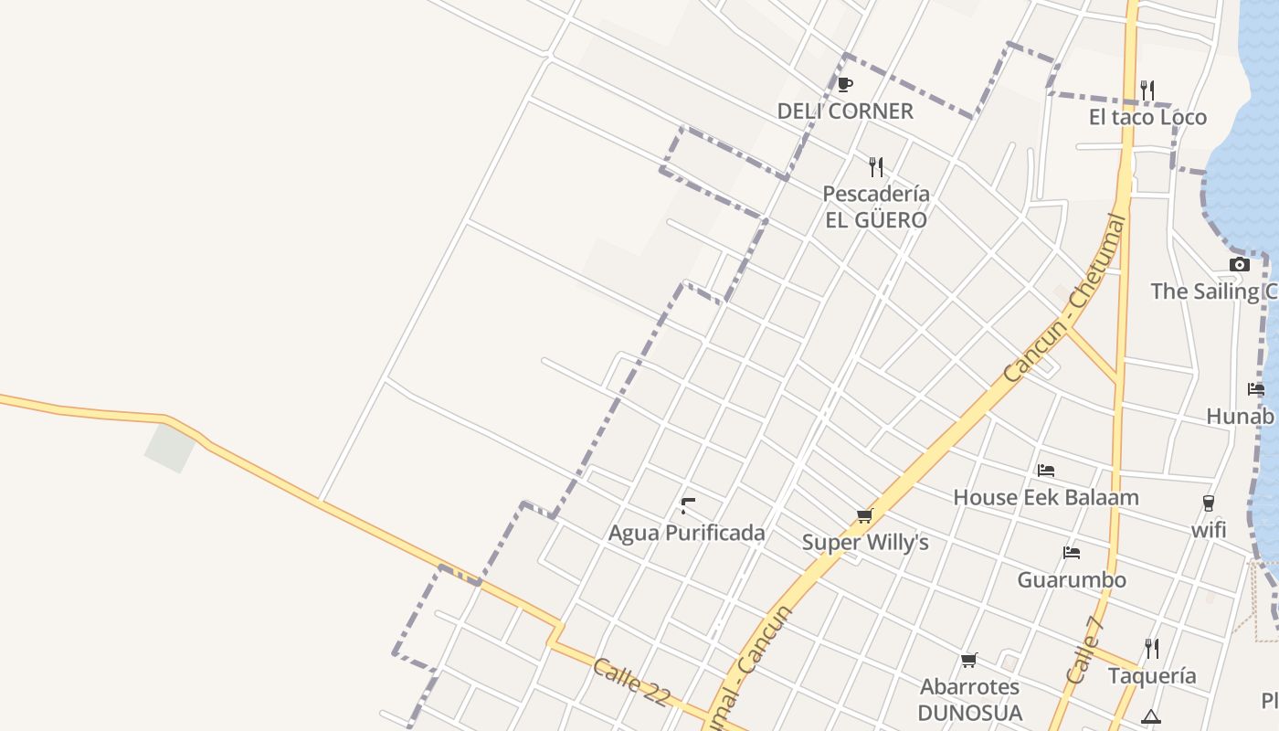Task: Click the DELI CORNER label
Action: pyautogui.click(x=845, y=111)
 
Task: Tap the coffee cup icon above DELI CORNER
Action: pyautogui.click(x=845, y=85)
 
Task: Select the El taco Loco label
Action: pyautogui.click(x=1147, y=117)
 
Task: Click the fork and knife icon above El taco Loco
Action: pyautogui.click(x=1147, y=90)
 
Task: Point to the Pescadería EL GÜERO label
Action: pyautogui.click(x=875, y=207)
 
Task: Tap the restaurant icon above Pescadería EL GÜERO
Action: pyautogui.click(x=876, y=166)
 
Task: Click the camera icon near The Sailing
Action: pyautogui.click(x=1240, y=265)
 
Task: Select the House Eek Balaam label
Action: pyautogui.click(x=1046, y=497)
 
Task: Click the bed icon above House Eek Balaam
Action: pyautogui.click(x=1046, y=471)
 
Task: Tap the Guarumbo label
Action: pyautogui.click(x=1072, y=579)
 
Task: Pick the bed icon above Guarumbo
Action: pyautogui.click(x=1072, y=553)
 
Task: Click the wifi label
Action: pyautogui.click(x=1209, y=530)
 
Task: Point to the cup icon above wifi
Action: pyautogui.click(x=1209, y=503)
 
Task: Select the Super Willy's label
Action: pyautogui.click(x=865, y=543)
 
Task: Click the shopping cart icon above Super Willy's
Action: pyautogui.click(x=865, y=516)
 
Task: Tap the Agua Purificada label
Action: pyautogui.click(x=687, y=533)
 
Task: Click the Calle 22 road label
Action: pyautogui.click(x=631, y=682)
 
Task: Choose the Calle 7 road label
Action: pyautogui.click(x=1085, y=650)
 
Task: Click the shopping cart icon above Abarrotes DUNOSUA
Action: pyautogui.click(x=969, y=660)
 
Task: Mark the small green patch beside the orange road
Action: pyautogui.click(x=170, y=448)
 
